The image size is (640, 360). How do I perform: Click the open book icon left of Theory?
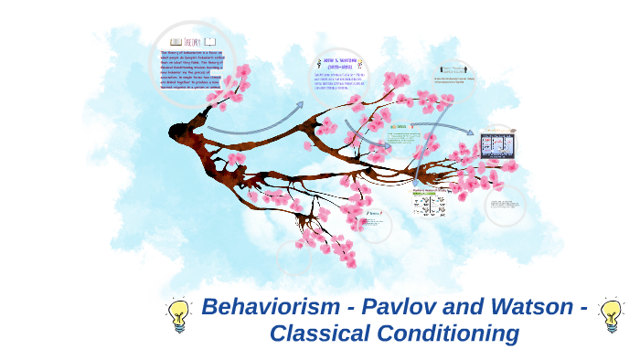[x=175, y=42]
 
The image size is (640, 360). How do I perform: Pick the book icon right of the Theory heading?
[x=211, y=42]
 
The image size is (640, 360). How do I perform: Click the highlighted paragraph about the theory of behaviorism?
[x=191, y=76]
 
